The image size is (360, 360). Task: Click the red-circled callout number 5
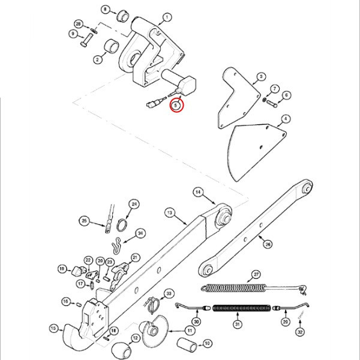point(176,106)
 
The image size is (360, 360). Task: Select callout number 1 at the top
point(167,17)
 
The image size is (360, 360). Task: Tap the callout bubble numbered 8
point(105,10)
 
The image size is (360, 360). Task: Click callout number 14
point(197,191)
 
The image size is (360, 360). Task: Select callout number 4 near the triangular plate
point(286,119)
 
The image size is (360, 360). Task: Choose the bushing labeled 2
point(112,46)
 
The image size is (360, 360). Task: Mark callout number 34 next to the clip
point(140,233)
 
